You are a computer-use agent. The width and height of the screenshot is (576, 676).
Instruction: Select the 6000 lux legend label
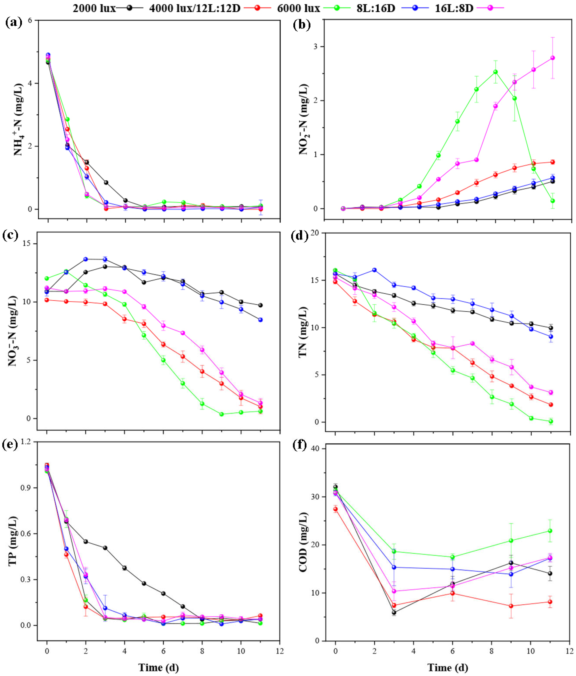(x=298, y=8)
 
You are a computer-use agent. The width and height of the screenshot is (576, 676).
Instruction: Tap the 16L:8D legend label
(x=454, y=8)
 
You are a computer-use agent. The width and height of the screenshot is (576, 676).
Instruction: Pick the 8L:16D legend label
(x=376, y=8)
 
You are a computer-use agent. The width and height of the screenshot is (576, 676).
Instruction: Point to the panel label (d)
(x=299, y=236)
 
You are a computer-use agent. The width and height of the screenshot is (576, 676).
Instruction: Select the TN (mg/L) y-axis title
(x=303, y=332)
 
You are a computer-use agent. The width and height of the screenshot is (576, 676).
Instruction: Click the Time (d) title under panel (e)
(x=159, y=667)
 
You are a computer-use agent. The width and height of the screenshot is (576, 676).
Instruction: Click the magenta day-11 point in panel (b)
(x=552, y=58)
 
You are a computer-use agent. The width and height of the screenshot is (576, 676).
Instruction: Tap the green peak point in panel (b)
(x=495, y=72)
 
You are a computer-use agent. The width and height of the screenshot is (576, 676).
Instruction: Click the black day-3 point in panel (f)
(x=394, y=612)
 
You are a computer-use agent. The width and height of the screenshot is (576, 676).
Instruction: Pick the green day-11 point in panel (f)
(x=550, y=531)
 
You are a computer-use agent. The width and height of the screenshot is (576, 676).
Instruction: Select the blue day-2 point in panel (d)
(x=374, y=270)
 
